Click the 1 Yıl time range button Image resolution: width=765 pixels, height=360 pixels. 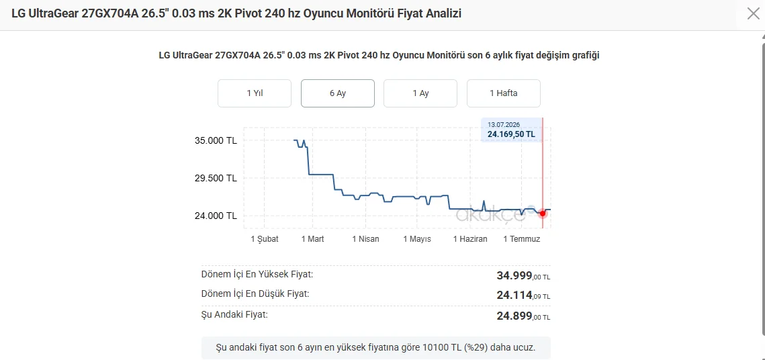pos(254,93)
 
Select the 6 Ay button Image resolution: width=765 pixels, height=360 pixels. pos(338,93)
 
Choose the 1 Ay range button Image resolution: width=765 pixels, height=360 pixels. pos(420,93)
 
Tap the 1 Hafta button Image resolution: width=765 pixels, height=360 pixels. pos(504,93)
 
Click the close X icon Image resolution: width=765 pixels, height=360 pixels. pos(754,13)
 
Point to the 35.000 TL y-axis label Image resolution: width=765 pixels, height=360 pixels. pos(215,141)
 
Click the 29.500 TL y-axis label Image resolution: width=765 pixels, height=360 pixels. pos(215,179)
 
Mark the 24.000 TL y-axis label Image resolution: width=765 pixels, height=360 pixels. pos(215,216)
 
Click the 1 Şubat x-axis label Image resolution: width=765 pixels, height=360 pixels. pos(265,239)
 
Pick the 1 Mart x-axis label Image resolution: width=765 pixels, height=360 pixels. pos(313,239)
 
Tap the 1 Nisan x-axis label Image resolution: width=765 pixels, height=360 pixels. pos(365,239)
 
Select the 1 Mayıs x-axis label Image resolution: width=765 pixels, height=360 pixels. pos(417,239)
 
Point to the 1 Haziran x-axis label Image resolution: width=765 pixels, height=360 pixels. pos(470,239)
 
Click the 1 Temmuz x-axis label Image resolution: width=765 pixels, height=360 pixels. pos(522,239)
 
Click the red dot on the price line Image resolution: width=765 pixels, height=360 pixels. pos(543,214)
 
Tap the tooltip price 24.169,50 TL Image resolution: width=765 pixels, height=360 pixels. pos(511,134)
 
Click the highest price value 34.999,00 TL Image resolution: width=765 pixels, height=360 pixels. pos(523,276)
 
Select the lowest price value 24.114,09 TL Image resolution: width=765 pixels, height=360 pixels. pos(523,295)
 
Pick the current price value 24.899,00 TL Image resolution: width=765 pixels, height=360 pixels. pos(523,316)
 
